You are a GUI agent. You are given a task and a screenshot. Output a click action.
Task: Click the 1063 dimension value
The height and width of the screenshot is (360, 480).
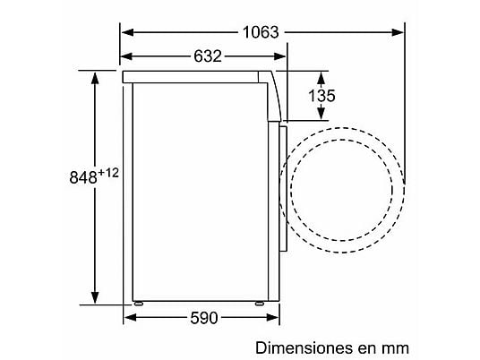pyautogui.click(x=261, y=32)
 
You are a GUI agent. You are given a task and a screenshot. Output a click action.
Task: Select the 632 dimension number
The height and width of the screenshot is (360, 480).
pyautogui.click(x=208, y=56)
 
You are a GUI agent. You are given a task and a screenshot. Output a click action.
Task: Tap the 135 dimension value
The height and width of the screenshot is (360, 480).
pyautogui.click(x=321, y=96)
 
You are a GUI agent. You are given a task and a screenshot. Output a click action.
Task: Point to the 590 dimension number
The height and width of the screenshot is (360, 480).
pyautogui.click(x=204, y=318)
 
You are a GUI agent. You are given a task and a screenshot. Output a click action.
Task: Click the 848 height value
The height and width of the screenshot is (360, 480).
pyautogui.click(x=83, y=177)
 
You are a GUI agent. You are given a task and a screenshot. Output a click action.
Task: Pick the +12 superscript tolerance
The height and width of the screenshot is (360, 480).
pyautogui.click(x=108, y=173)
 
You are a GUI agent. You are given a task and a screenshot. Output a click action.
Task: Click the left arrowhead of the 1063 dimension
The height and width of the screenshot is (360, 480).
pyautogui.click(x=127, y=32)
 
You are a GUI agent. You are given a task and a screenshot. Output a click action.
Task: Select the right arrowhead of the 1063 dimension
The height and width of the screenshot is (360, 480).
pyautogui.click(x=398, y=32)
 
